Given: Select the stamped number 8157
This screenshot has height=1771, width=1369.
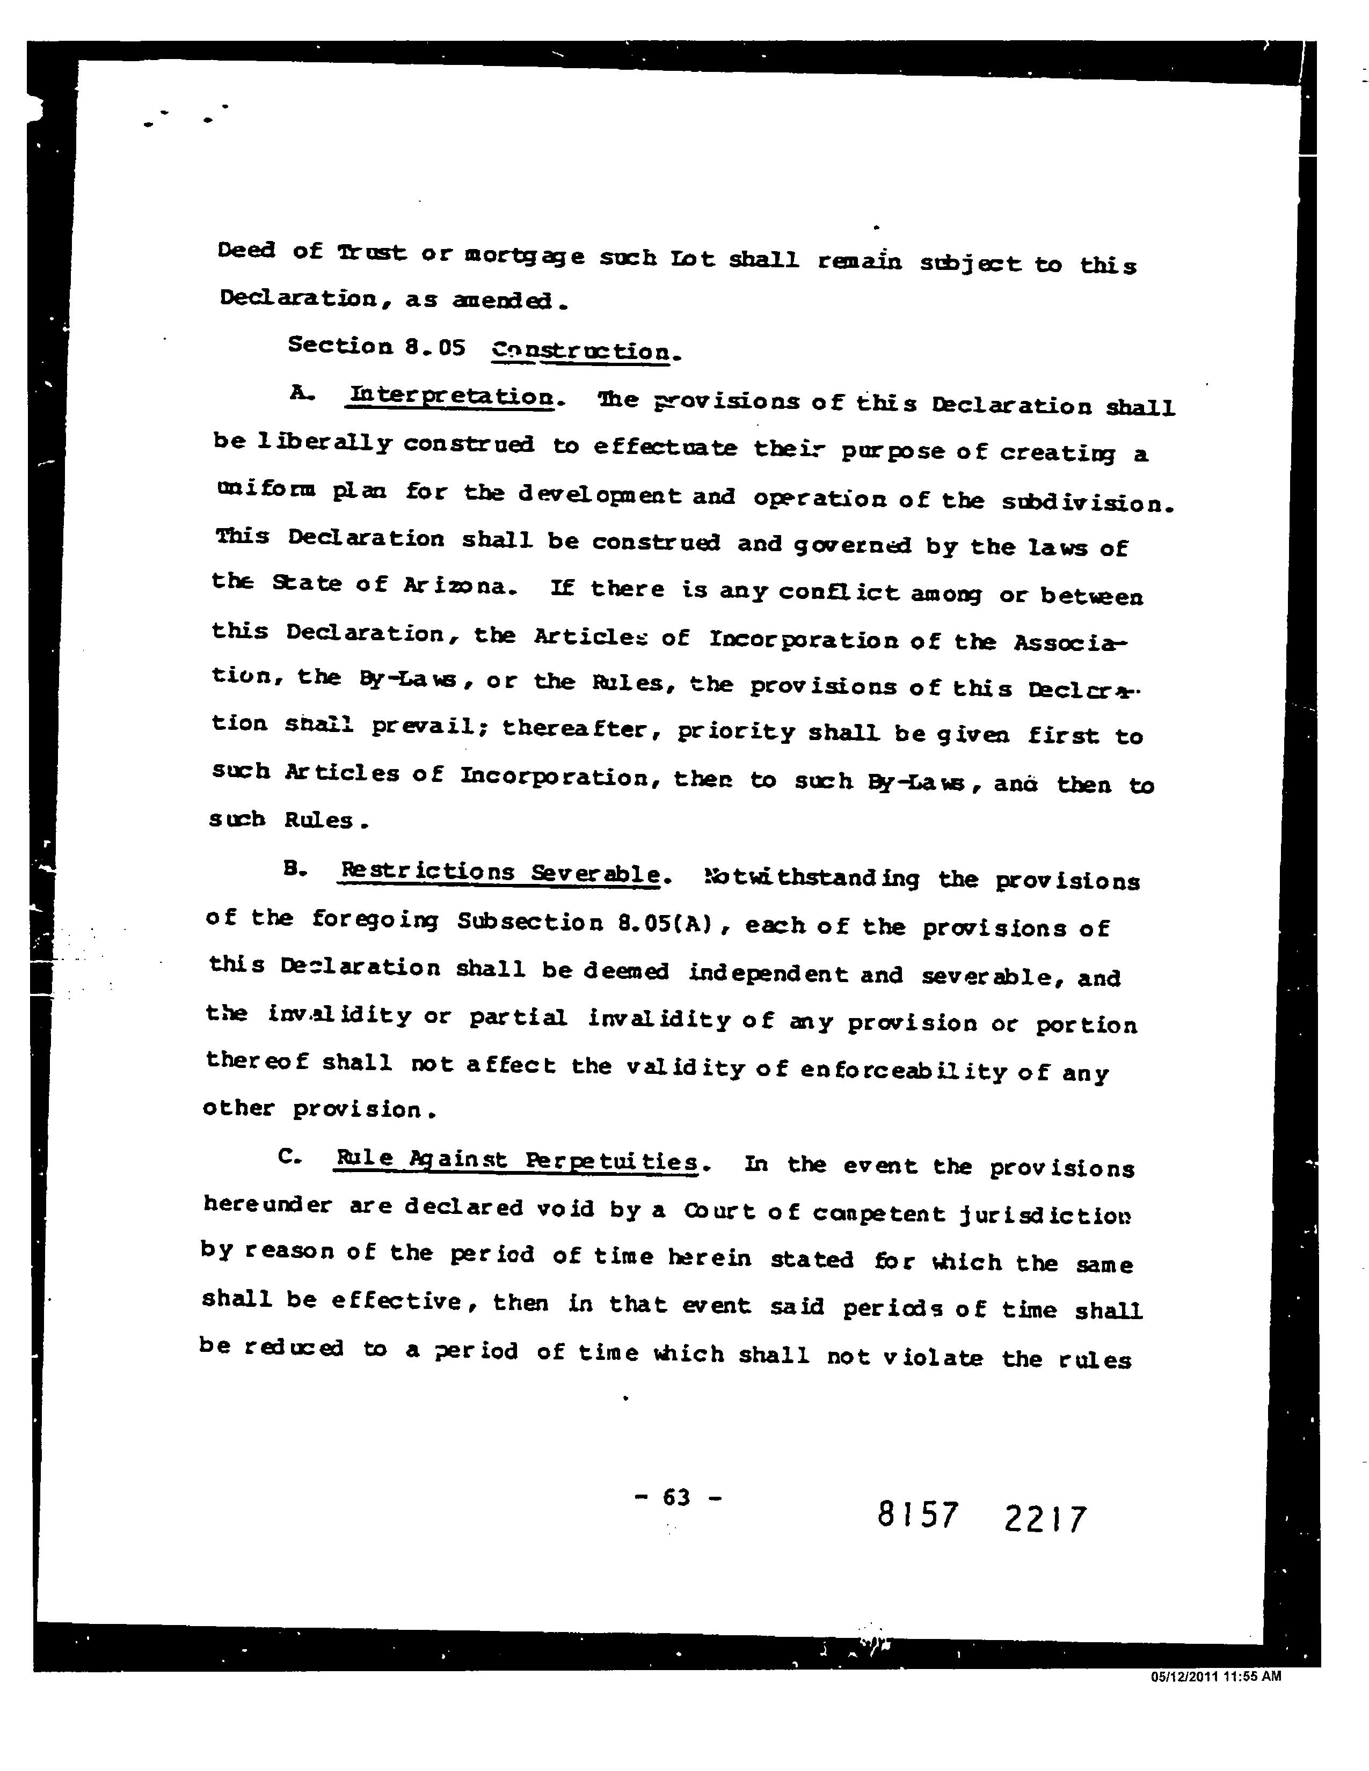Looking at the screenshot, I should pos(917,1515).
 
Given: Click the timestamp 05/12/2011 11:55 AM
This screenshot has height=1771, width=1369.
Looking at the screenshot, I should pos(1215,1677).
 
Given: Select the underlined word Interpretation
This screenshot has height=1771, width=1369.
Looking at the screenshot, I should pos(452,397).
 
